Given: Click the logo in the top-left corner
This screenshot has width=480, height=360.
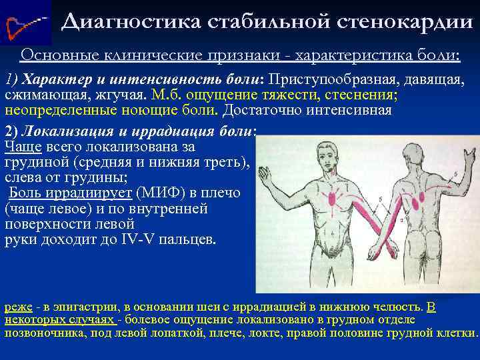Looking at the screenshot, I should pyautogui.click(x=25, y=24).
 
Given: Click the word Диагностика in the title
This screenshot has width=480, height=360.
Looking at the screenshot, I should pyautogui.click(x=127, y=23).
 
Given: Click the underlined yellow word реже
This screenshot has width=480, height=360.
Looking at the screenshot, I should pyautogui.click(x=17, y=307).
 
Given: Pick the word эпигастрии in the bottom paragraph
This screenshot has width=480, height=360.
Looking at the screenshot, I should pyautogui.click(x=87, y=307).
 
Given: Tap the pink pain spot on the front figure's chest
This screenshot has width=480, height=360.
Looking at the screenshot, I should pyautogui.click(x=331, y=197).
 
